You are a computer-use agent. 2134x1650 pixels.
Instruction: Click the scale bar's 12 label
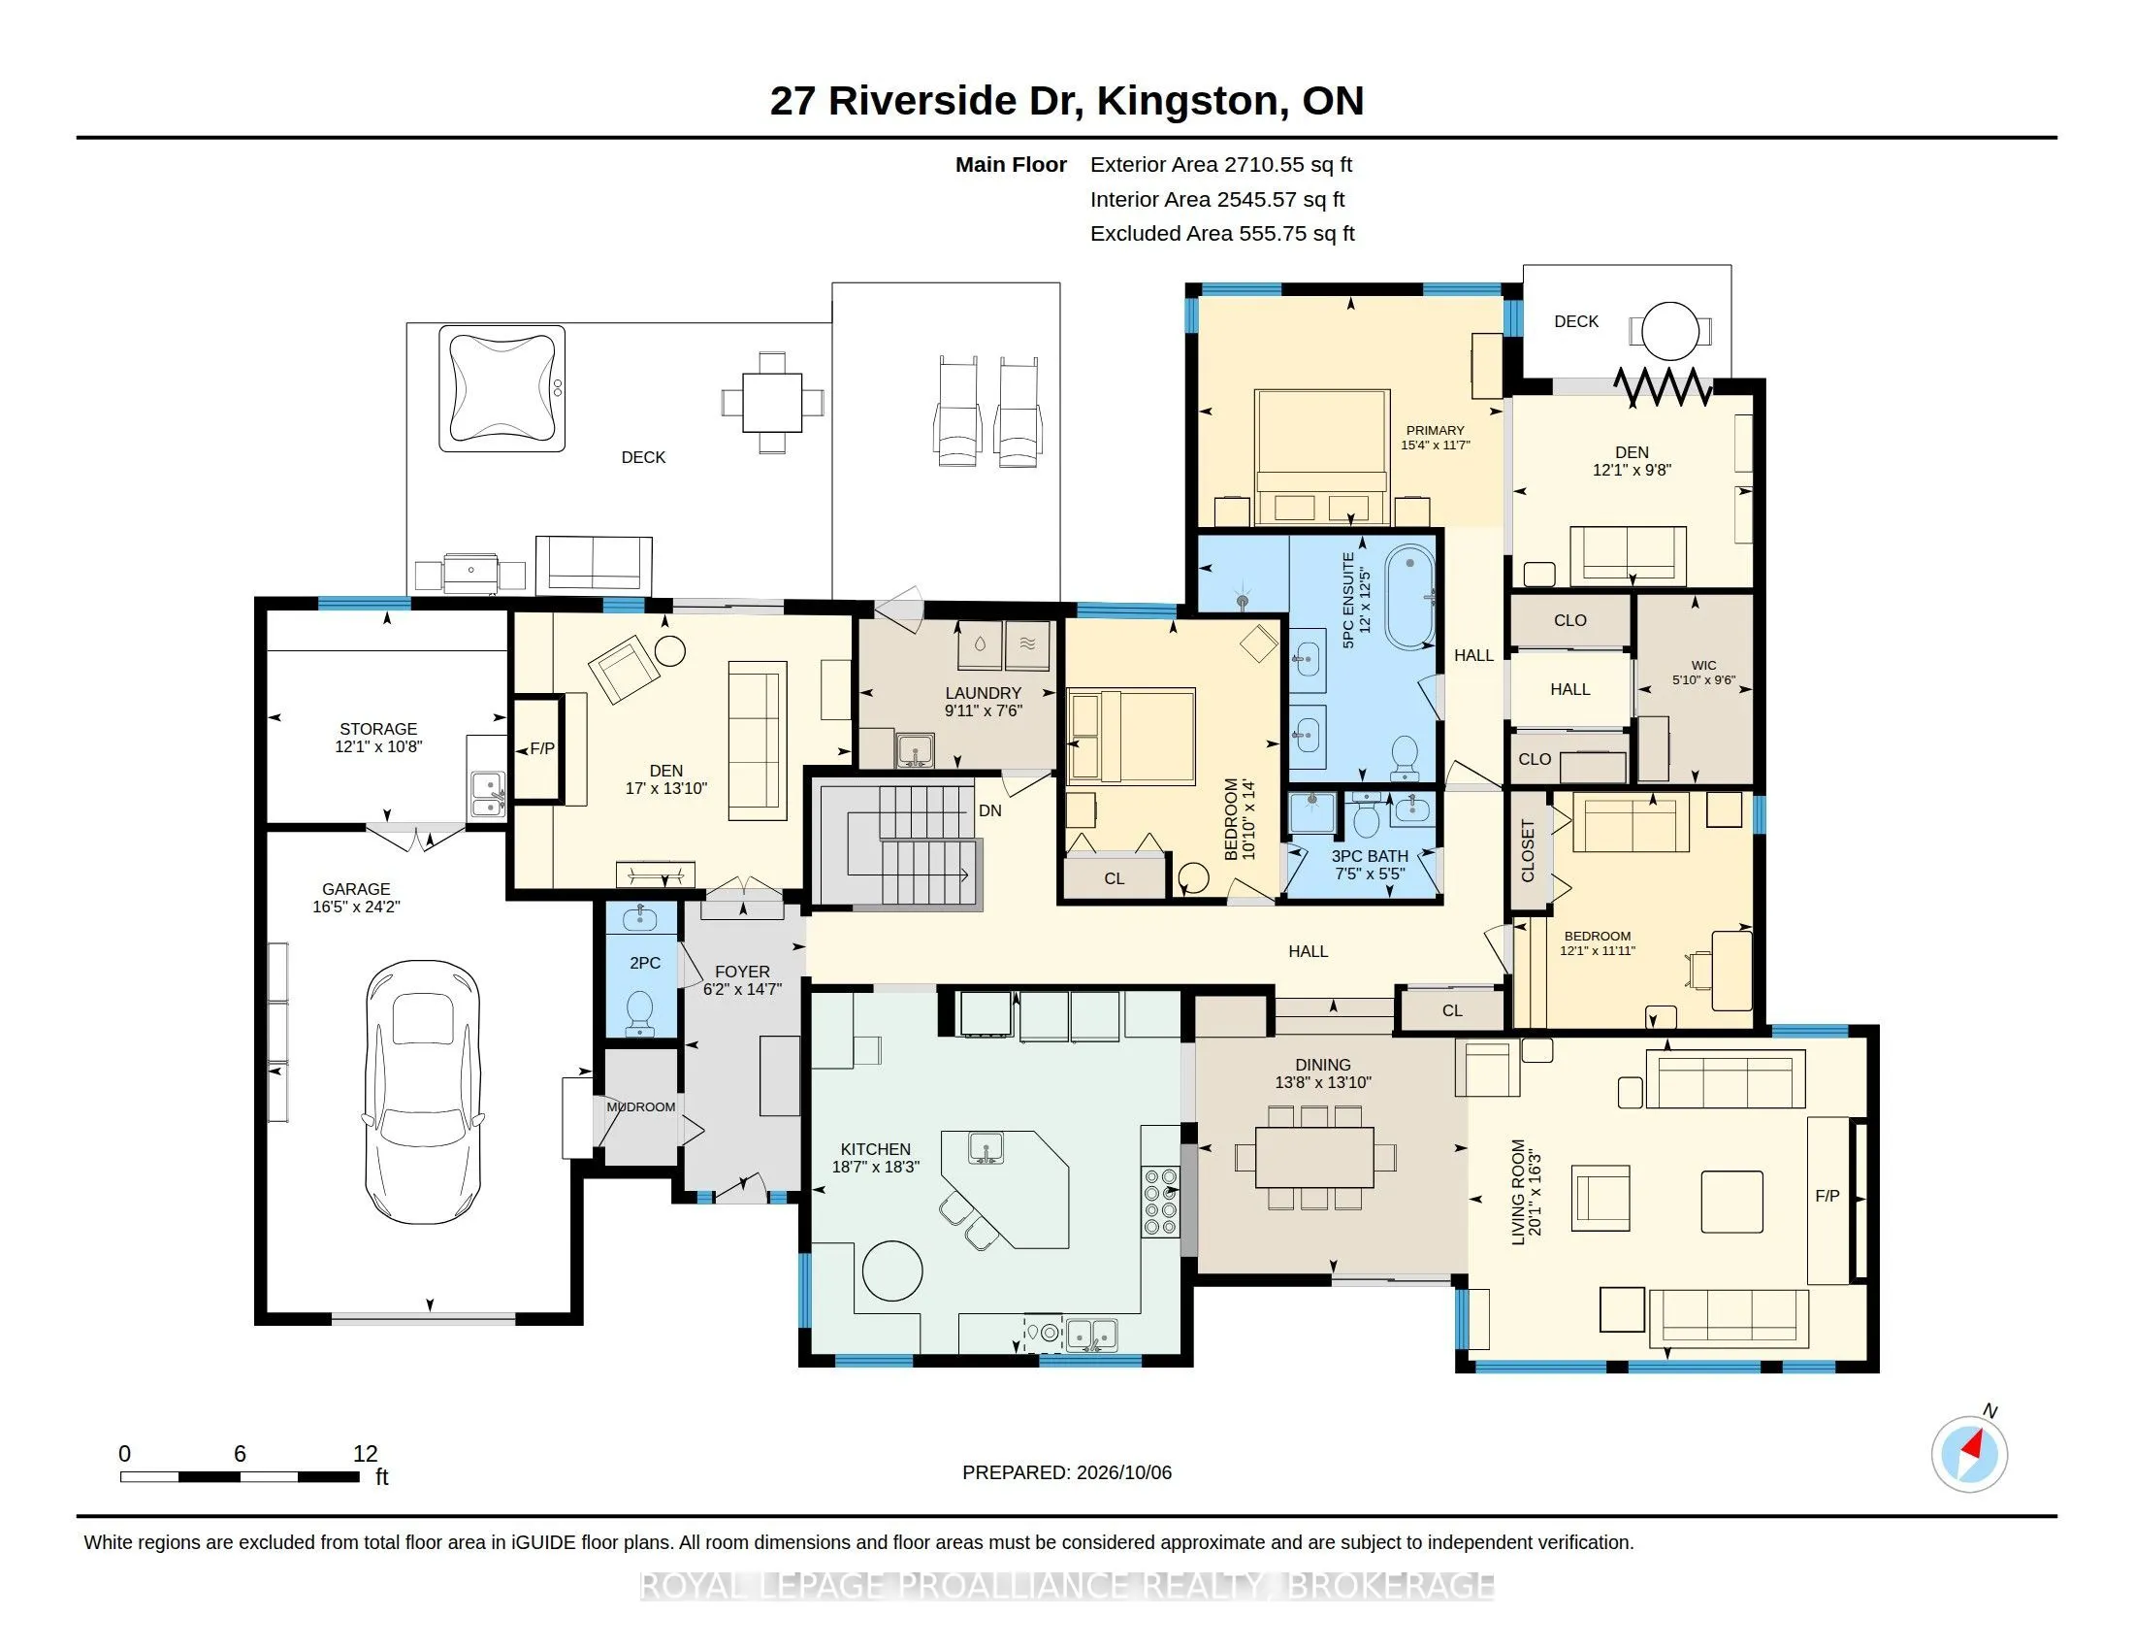pos(366,1454)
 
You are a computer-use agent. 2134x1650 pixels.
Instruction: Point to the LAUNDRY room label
pos(983,693)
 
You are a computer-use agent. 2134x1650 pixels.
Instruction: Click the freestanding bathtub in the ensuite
pos(1410,598)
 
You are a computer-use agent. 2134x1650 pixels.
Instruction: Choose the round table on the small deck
pos(1671,332)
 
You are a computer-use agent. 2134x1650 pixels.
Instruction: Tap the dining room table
pos(1315,1157)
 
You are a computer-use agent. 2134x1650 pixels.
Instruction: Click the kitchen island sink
pos(986,1147)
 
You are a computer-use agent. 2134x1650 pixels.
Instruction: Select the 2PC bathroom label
pos(645,963)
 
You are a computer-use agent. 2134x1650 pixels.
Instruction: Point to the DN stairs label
pos(989,810)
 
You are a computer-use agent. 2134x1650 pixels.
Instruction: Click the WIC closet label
pos(1703,666)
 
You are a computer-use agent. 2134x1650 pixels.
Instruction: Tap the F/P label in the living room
pos(1827,1196)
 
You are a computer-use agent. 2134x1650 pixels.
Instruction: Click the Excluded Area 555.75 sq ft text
pos(1222,234)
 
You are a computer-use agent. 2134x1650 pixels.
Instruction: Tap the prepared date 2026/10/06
pos(1123,1472)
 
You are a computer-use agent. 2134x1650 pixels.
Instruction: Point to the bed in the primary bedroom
pos(1322,457)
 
